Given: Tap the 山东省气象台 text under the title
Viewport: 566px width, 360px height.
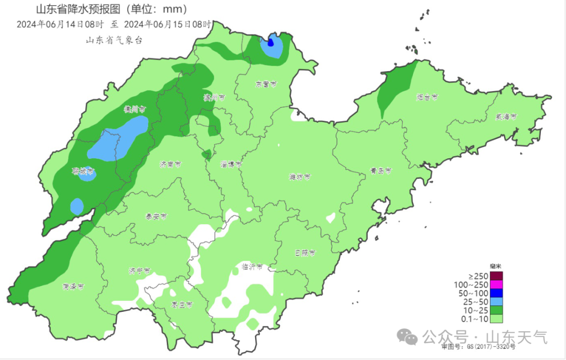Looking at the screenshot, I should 114,40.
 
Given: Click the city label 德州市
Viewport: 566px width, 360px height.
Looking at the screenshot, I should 134,110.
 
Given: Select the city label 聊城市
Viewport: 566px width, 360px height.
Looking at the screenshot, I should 83,171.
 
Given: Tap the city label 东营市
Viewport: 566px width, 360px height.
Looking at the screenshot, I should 266,84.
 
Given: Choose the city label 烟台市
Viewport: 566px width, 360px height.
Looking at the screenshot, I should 427,97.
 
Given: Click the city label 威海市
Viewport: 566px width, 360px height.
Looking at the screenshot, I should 506,116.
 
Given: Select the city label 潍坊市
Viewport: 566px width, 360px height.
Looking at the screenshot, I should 300,177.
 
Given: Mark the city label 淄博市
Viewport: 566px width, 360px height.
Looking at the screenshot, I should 231,164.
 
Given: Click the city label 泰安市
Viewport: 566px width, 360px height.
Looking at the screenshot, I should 156,216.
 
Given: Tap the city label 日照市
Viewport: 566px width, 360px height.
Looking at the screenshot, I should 305,253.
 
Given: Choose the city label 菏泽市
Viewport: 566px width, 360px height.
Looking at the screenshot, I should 73,287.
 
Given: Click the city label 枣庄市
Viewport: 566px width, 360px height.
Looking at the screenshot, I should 182,304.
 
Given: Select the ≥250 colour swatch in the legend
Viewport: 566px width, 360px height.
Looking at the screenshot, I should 496,276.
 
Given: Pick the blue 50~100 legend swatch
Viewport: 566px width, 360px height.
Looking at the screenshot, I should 496,293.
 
